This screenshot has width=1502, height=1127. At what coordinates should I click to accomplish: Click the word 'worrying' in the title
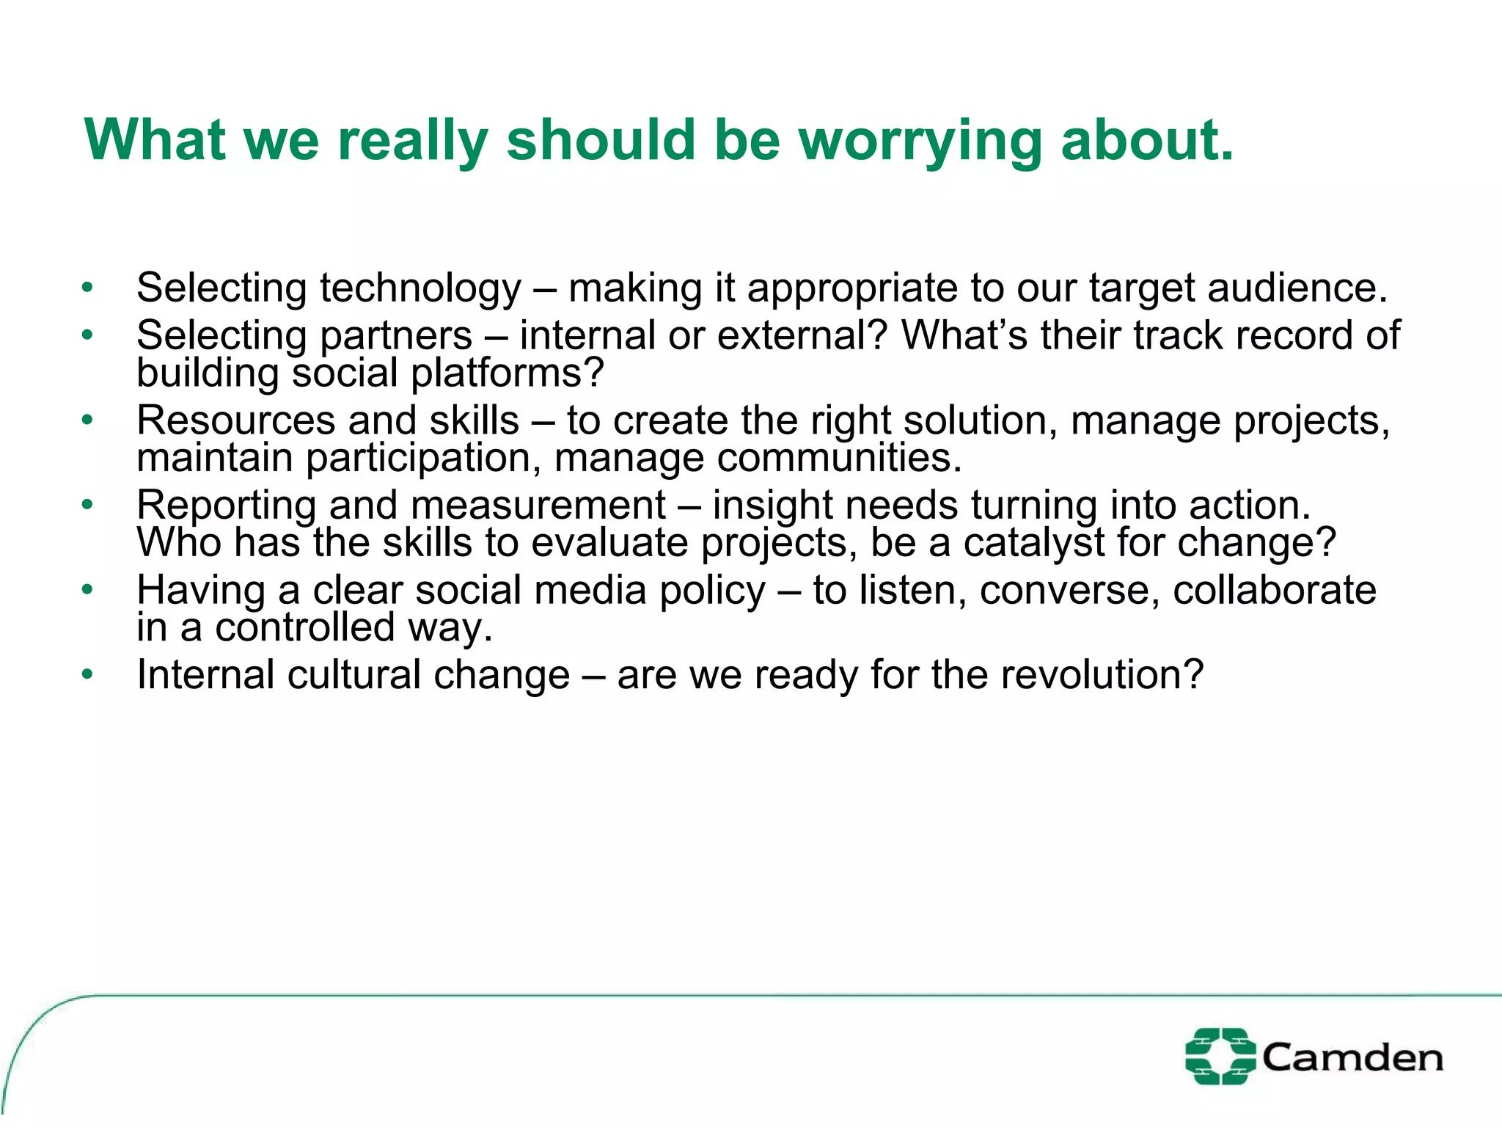click(920, 141)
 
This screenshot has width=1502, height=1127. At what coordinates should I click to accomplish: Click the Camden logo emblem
click(1219, 1056)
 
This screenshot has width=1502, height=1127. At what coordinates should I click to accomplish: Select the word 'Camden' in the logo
click(1352, 1057)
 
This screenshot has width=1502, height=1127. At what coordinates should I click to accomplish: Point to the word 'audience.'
click(1297, 288)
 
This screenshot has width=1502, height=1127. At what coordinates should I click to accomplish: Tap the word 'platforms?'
click(507, 373)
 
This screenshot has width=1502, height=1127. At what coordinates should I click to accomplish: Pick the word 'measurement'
click(538, 506)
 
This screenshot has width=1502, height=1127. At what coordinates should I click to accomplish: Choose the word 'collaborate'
click(1274, 590)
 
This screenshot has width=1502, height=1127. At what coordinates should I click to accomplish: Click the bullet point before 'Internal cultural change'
click(88, 674)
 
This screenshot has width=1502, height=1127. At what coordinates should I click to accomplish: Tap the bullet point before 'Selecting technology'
click(88, 288)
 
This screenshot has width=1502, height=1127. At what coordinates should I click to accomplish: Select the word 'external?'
click(802, 336)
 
